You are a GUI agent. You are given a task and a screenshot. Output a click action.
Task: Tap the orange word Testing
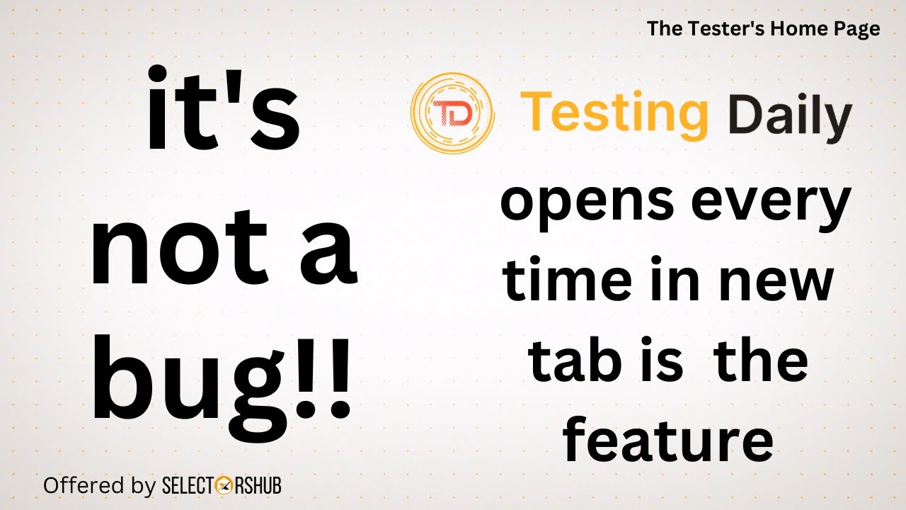tap(614, 115)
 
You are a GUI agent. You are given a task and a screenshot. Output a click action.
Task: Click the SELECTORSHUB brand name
tap(222, 486)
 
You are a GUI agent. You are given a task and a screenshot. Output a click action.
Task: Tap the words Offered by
tap(99, 486)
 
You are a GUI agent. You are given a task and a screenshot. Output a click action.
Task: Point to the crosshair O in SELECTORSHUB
tap(226, 486)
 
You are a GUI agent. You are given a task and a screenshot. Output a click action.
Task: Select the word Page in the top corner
tap(859, 29)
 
